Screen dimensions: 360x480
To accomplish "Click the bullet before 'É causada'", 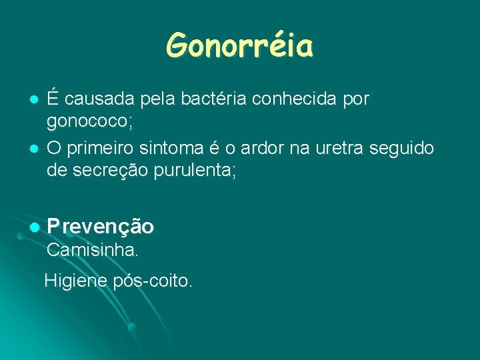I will coord(33,99).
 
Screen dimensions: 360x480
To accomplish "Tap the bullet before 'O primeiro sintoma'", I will coord(33,148).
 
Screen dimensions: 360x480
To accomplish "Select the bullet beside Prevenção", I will coord(33,228).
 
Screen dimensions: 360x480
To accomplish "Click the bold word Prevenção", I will coord(100,227).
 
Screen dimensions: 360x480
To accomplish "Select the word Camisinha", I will coord(92,251).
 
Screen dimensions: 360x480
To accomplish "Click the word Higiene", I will coord(75,281).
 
